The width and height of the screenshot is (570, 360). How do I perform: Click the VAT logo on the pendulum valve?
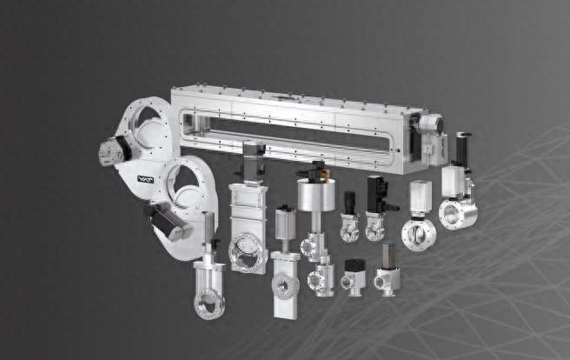click(x=145, y=179)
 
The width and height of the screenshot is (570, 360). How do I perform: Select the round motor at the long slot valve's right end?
click(x=431, y=124)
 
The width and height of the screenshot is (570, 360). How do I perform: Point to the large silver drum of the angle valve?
click(x=316, y=194)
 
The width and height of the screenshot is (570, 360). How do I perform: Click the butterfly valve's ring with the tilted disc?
click(x=419, y=235)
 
